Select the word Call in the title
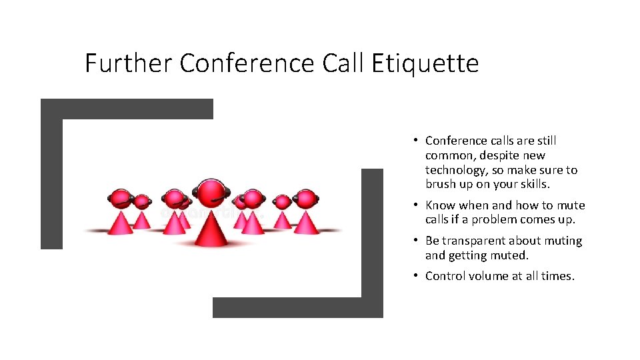pos(342,64)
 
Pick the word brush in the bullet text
pos(441,185)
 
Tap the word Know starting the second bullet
pos(440,205)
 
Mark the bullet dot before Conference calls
pos(415,140)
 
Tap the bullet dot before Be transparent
pos(415,241)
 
